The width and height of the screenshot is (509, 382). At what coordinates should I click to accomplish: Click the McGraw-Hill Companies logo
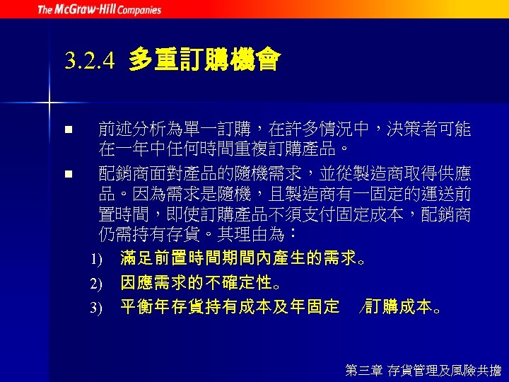[x=99, y=10]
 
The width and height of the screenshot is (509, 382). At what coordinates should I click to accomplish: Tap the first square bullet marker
[x=67, y=130]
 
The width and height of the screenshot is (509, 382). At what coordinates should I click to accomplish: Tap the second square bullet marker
[x=67, y=173]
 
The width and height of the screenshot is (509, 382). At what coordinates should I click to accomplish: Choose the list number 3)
[x=96, y=307]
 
